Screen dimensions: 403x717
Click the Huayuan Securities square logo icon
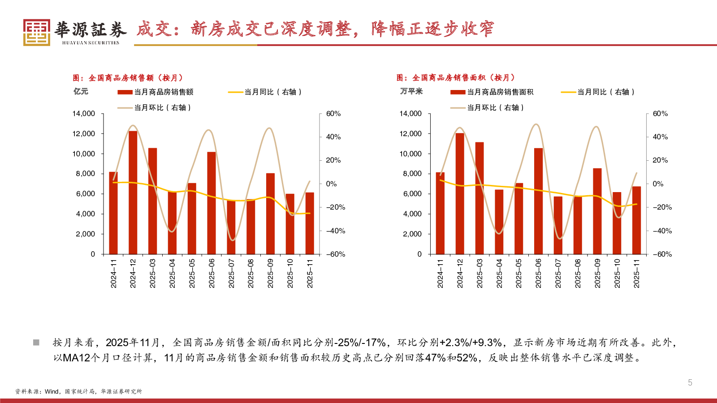(36, 32)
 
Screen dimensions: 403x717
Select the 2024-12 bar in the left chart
(133, 193)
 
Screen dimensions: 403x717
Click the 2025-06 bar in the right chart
(538, 201)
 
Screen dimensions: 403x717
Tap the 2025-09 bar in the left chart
(270, 214)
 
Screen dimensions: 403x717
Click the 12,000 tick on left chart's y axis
(84, 134)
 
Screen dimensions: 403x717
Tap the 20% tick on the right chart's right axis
(660, 160)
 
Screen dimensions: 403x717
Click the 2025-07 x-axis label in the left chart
(231, 273)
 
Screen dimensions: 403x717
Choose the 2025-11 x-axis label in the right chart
(636, 273)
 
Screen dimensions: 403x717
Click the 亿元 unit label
(81, 91)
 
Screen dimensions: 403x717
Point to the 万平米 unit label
(411, 91)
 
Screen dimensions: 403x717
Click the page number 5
(690, 382)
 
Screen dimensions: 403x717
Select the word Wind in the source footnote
(52, 391)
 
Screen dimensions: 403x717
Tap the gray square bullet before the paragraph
(36, 343)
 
